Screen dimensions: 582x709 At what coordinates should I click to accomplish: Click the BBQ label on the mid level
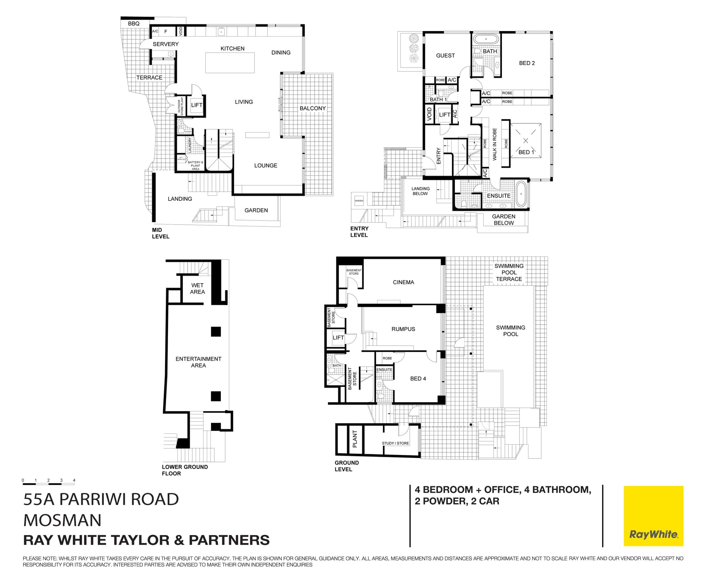(x=134, y=24)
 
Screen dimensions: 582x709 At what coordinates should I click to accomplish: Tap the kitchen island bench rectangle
(x=230, y=63)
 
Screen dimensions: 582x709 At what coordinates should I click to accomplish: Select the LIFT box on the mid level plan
(x=196, y=105)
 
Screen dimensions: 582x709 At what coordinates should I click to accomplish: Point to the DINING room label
(x=281, y=52)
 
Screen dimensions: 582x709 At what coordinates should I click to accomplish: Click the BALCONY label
(x=312, y=108)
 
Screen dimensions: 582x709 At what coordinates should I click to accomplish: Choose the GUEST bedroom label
(x=445, y=55)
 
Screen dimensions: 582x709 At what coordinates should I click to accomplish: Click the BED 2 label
(x=527, y=63)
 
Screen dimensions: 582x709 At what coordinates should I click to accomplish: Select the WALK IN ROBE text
(x=494, y=144)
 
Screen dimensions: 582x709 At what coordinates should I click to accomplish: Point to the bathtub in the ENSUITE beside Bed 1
(x=521, y=194)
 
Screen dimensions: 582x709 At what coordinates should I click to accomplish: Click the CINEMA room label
(x=403, y=282)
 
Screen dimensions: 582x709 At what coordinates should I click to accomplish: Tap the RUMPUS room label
(x=403, y=329)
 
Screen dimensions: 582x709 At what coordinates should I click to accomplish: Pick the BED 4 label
(x=418, y=379)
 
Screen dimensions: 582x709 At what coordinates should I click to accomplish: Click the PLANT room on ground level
(x=355, y=439)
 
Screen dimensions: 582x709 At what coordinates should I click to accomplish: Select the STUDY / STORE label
(x=395, y=443)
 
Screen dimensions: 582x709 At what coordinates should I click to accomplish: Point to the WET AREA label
(x=197, y=288)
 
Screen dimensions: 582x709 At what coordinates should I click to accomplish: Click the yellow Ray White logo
(x=653, y=516)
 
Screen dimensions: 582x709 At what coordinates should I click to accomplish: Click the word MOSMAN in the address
(x=62, y=520)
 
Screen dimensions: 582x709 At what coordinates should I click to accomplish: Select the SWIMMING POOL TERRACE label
(x=509, y=273)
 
